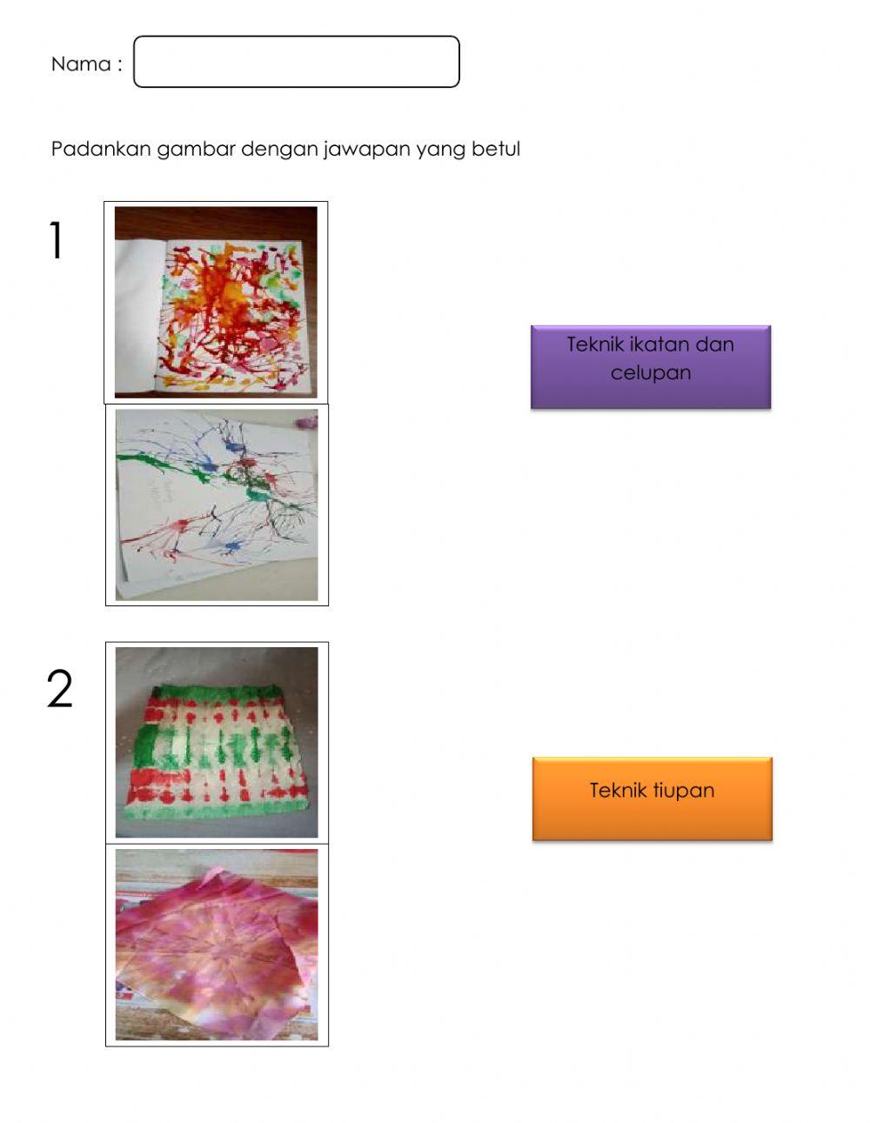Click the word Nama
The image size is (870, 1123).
[81, 64]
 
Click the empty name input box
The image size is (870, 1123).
[296, 62]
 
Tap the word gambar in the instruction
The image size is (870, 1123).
[196, 150]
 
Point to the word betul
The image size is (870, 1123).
[496, 149]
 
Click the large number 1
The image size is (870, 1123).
[56, 240]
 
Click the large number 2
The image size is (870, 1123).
[59, 688]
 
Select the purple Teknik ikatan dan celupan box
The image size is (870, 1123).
[651, 367]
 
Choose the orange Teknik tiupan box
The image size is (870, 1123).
[652, 799]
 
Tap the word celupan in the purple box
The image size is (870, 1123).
[651, 373]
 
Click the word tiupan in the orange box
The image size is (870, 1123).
[684, 790]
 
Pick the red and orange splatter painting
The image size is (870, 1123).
[216, 302]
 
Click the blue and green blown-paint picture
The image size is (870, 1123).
[217, 505]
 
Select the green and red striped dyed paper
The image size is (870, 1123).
[217, 742]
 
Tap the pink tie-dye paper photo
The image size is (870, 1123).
[217, 944]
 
